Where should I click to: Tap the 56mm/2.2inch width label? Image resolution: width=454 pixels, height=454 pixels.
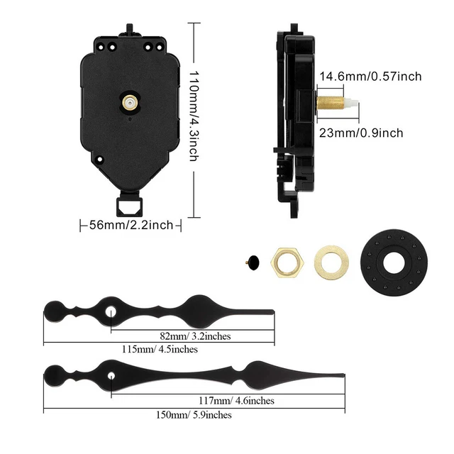pos(131,225)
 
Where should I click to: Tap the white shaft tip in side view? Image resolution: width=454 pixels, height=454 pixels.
pos(350,103)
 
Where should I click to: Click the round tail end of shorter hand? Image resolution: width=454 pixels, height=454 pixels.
pos(52,310)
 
